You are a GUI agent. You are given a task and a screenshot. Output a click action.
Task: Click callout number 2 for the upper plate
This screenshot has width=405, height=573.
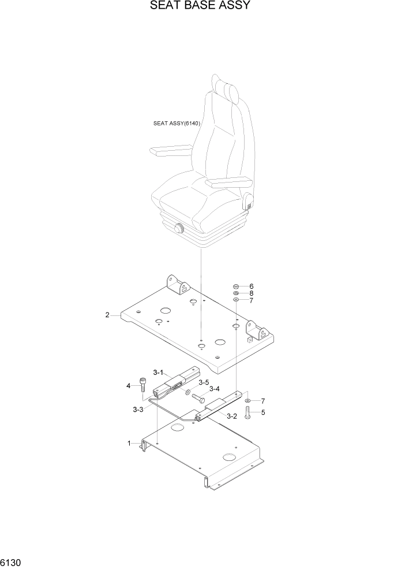107,315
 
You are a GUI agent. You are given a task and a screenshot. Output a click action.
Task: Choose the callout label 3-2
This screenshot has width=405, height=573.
232,416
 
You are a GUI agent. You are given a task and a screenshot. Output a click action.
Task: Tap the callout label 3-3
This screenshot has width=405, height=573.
138,409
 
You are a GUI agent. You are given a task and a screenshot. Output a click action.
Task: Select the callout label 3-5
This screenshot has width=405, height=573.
203,382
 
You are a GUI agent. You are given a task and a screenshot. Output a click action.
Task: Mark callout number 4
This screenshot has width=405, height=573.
129,385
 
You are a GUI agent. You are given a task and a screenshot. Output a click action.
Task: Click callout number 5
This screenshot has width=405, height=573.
263,412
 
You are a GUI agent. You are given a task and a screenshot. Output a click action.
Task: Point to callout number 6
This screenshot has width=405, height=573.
251,286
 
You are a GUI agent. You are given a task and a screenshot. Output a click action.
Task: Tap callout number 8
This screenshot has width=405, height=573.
251,293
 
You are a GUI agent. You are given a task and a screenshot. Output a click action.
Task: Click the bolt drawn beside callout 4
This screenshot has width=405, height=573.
142,384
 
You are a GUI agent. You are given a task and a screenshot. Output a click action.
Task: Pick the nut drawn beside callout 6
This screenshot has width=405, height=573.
236,286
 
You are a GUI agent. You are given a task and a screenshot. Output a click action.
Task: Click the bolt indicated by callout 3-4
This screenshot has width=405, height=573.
199,398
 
